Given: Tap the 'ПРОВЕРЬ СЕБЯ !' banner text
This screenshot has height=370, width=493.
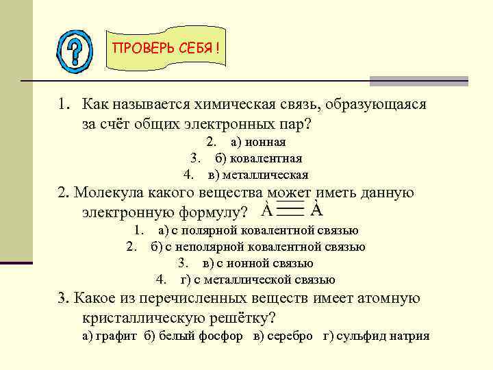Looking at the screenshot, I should point(166,49).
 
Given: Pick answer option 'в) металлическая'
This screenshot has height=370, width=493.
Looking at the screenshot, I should point(258,175).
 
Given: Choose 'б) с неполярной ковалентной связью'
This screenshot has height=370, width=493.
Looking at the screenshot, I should point(258,247).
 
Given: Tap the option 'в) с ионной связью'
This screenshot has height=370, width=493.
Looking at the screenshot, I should point(258,263).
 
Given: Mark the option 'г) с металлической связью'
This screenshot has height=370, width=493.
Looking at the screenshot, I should point(257,280).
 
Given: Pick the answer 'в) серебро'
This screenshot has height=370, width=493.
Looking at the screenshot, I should point(283,336).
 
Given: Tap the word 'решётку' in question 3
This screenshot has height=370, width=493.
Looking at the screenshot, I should point(233,318).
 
